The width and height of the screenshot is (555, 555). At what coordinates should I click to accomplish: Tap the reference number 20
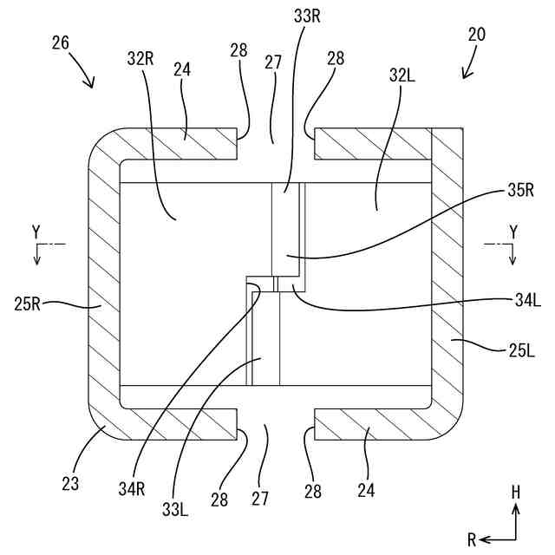[x=476, y=35]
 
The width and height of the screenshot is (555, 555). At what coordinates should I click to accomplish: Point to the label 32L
[x=402, y=75]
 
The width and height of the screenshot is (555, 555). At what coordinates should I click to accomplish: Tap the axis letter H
[x=516, y=492]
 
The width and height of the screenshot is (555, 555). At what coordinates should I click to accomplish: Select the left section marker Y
[x=36, y=232]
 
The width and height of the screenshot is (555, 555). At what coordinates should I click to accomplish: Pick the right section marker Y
[x=513, y=232]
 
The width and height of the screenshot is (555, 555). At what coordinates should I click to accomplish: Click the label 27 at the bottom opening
[x=261, y=498]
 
